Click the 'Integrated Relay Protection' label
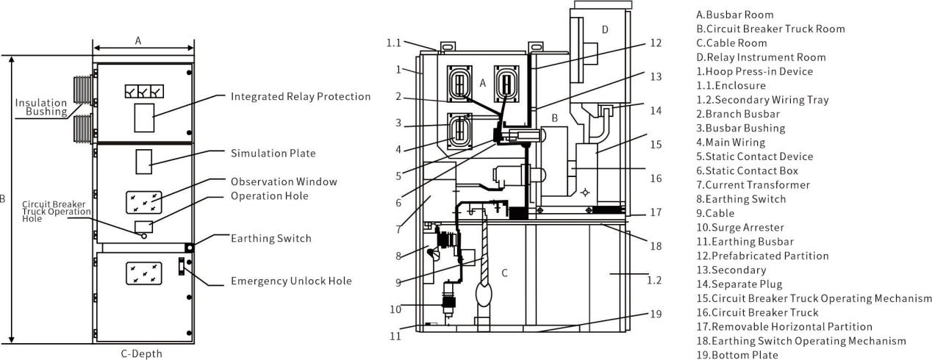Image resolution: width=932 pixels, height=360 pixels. pos(301,96)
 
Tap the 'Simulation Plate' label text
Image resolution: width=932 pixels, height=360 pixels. pos(273,154)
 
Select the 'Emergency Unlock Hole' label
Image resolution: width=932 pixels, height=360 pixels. pos(291,281)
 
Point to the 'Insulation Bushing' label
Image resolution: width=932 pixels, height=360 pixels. pos(41,107)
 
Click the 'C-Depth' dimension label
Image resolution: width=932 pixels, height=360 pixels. pos(141,354)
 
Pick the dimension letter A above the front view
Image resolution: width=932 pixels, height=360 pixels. pos(138,40)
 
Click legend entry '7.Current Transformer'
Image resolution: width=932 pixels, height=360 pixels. pos(753,185)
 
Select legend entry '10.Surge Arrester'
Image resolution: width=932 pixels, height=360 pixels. pos(740,228)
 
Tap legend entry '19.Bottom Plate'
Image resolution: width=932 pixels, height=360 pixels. pos(737,355)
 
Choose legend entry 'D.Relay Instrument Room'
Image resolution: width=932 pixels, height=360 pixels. pos(761,57)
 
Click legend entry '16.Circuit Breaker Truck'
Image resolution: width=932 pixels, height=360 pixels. pos(757,312)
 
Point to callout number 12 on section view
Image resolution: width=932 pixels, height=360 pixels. pos(656,43)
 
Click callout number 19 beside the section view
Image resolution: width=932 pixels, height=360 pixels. pos(656,314)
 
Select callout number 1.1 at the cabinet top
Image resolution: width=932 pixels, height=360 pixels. pos(394,43)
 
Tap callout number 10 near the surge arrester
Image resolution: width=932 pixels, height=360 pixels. pos(395,309)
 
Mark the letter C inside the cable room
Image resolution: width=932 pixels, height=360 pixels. pos(505,273)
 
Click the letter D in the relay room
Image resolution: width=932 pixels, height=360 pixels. pos(606,29)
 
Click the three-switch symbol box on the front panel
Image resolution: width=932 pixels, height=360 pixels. pos(144,91)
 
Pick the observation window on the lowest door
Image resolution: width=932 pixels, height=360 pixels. pos(144,273)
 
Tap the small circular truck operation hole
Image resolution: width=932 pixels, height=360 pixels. pos(144,236)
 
